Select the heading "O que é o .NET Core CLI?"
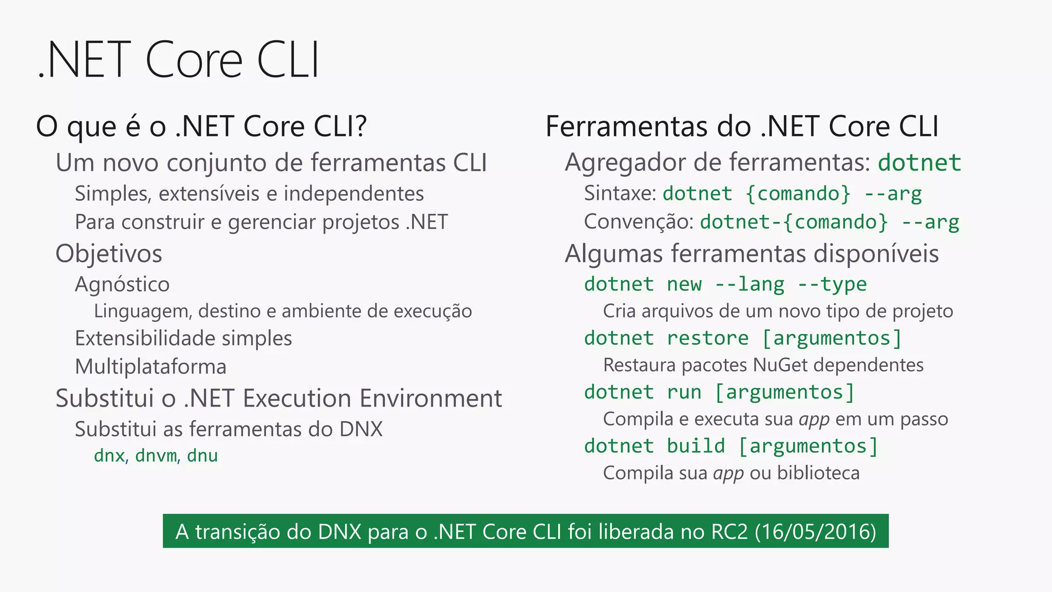(201, 126)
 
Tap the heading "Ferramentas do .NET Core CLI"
(742, 126)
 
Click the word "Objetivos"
(109, 254)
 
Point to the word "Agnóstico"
(122, 284)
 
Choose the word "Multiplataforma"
(151, 367)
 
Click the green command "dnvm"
(156, 456)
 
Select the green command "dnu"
(202, 456)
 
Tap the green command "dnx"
(109, 456)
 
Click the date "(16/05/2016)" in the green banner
(815, 531)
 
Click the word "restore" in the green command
(707, 338)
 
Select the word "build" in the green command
(696, 446)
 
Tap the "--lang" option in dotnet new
(749, 284)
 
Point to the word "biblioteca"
(818, 473)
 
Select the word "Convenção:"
(639, 222)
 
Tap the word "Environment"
(431, 399)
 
